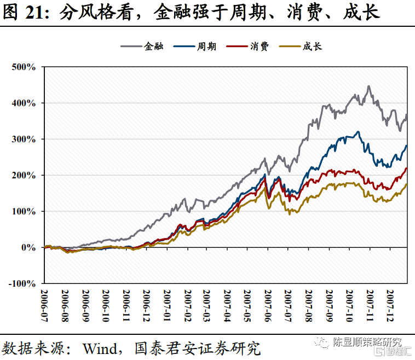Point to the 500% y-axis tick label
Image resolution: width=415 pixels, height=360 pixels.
pos(24,67)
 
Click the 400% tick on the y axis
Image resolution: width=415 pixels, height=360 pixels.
pos(24,103)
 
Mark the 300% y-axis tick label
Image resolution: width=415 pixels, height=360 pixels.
pos(24,139)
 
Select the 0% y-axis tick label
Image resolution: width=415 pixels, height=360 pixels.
pos(28,247)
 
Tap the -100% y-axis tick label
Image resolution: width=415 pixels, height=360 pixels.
pos(21,283)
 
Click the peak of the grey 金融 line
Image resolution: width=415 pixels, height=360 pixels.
pos(369,86)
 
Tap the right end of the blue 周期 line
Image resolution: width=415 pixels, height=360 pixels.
pos(407,146)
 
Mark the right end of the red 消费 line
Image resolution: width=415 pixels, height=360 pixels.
pos(407,168)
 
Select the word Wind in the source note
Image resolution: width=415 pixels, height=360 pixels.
pos(101,348)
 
